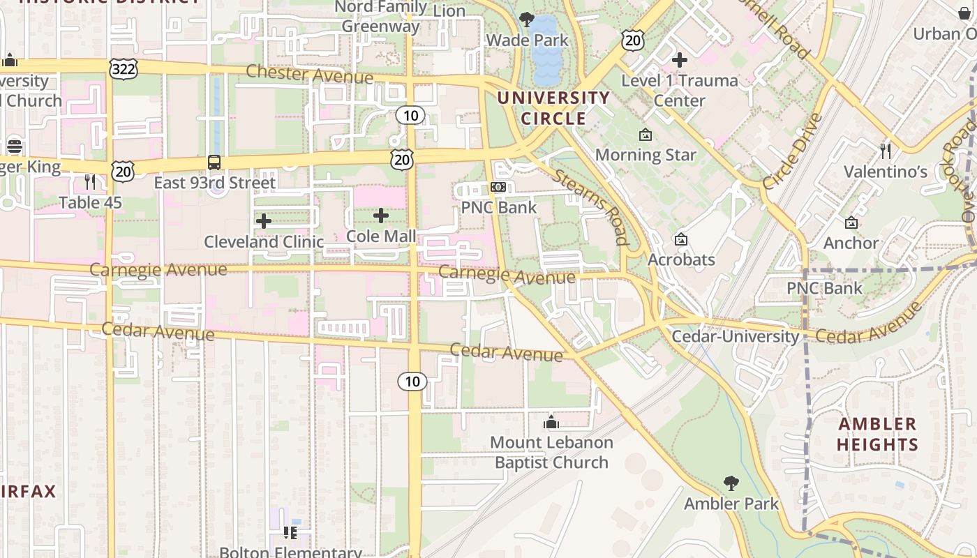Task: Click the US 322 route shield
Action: coord(124,68)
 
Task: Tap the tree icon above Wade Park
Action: coord(527,20)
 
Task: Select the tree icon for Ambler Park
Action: coord(731,483)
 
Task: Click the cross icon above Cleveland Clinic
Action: coord(264,221)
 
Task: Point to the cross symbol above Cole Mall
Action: coord(381,216)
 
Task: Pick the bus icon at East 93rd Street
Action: coord(214,163)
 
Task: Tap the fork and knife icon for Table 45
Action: coord(90,182)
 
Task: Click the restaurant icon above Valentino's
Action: coord(886,151)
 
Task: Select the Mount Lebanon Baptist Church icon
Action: coord(551,422)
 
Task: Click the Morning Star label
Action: coord(646,155)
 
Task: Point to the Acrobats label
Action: coord(681,259)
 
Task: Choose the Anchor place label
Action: coord(851,243)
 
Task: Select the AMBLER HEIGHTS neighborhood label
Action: coord(877,434)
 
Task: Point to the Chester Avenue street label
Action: coord(309,74)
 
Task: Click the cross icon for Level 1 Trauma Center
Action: coord(679,60)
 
